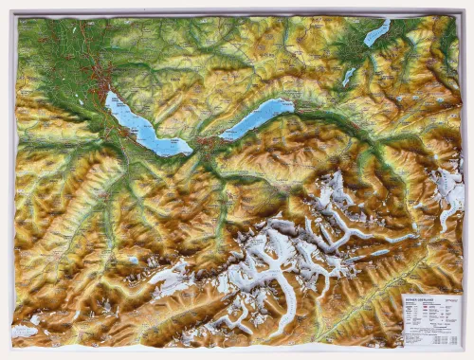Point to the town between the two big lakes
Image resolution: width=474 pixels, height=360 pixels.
(207, 144)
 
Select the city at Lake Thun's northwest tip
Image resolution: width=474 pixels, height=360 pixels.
(101, 87)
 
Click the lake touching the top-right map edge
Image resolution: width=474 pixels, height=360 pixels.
(376, 33)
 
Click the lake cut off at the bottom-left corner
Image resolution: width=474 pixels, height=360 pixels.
(24, 332)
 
